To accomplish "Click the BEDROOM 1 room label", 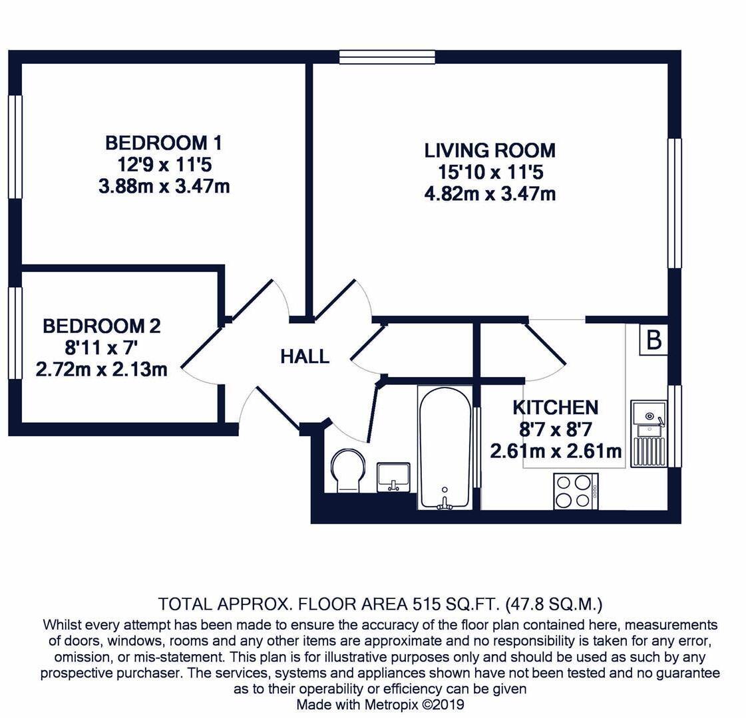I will pyautogui.click(x=164, y=143).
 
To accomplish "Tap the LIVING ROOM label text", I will pyautogui.click(x=490, y=150).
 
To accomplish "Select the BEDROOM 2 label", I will pyautogui.click(x=101, y=326).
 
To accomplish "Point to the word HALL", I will pyautogui.click(x=305, y=357).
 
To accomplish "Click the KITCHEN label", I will pyautogui.click(x=555, y=408).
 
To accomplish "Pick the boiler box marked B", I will pyautogui.click(x=653, y=340).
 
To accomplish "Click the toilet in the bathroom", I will pyautogui.click(x=347, y=470).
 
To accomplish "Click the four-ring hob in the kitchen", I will pyautogui.click(x=576, y=491).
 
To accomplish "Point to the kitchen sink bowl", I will pyautogui.click(x=647, y=414).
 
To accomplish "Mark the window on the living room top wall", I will pyautogui.click(x=387, y=57).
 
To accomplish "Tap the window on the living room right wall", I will pyautogui.click(x=675, y=203).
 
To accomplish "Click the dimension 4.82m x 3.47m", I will pyautogui.click(x=490, y=194).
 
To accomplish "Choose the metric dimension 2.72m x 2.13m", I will pyautogui.click(x=101, y=369).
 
